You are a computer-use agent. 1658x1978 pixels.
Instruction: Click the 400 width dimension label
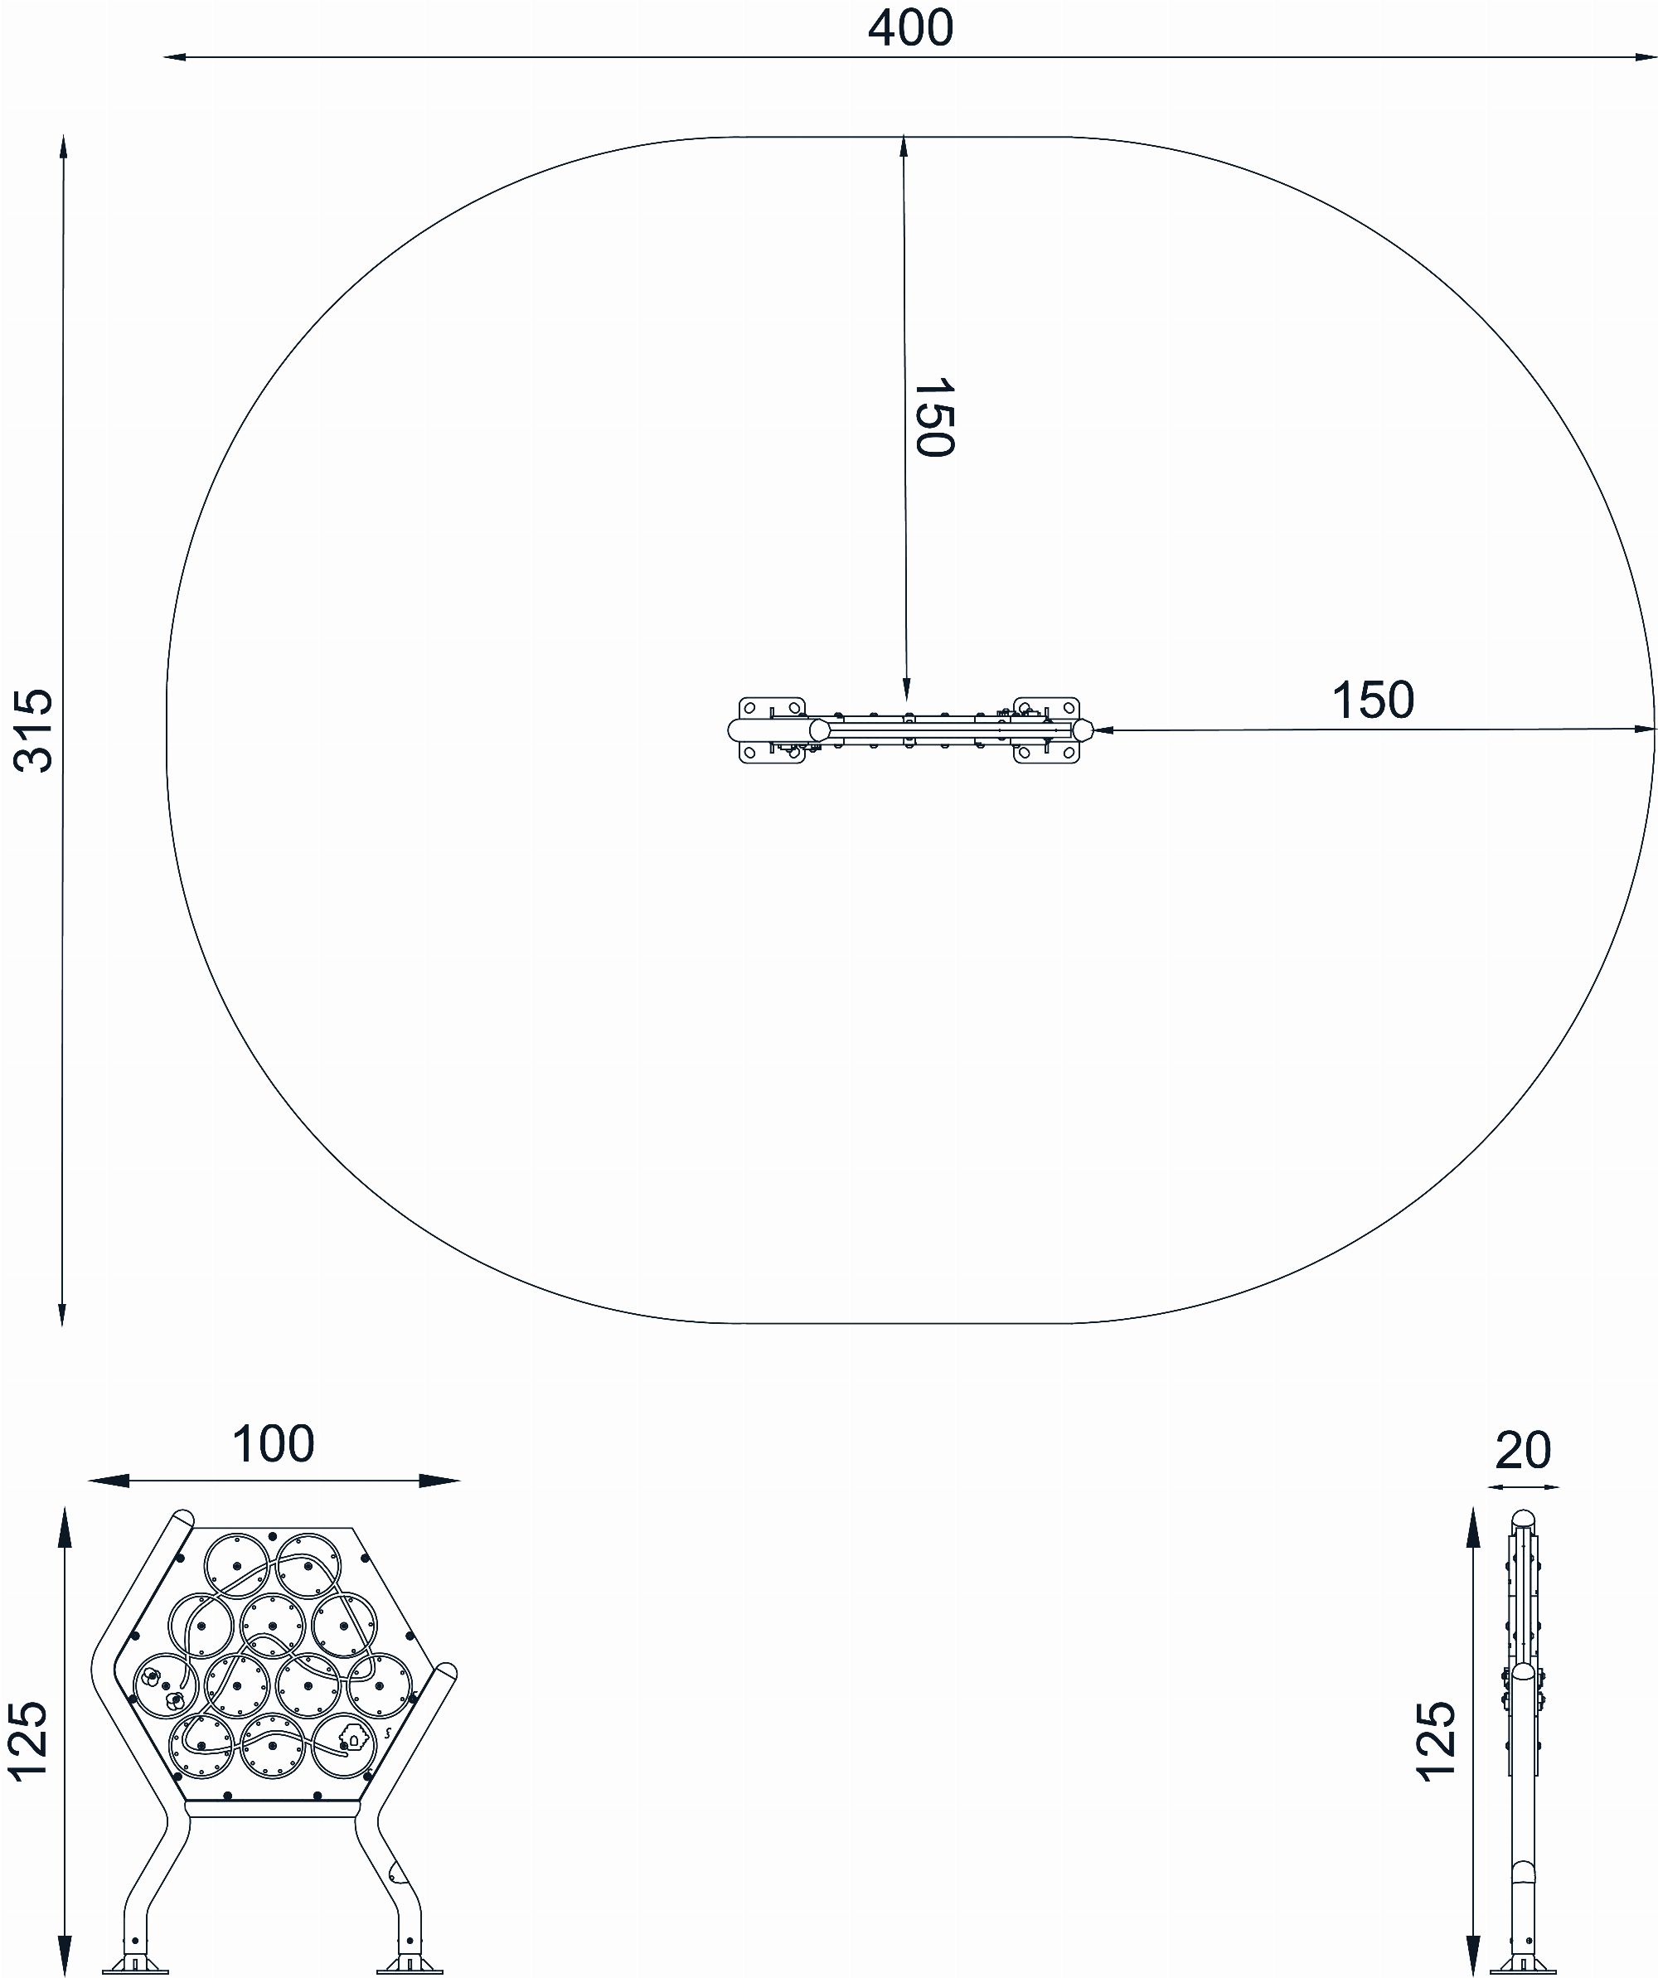(910, 28)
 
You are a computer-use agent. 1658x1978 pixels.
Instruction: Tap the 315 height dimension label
(34, 730)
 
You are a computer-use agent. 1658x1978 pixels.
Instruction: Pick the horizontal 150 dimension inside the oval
(1373, 700)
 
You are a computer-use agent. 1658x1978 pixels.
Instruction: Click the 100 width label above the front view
(274, 1444)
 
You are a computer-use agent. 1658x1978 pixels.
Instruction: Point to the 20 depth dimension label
(1524, 1451)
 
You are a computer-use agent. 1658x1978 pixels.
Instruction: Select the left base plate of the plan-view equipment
(773, 730)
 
